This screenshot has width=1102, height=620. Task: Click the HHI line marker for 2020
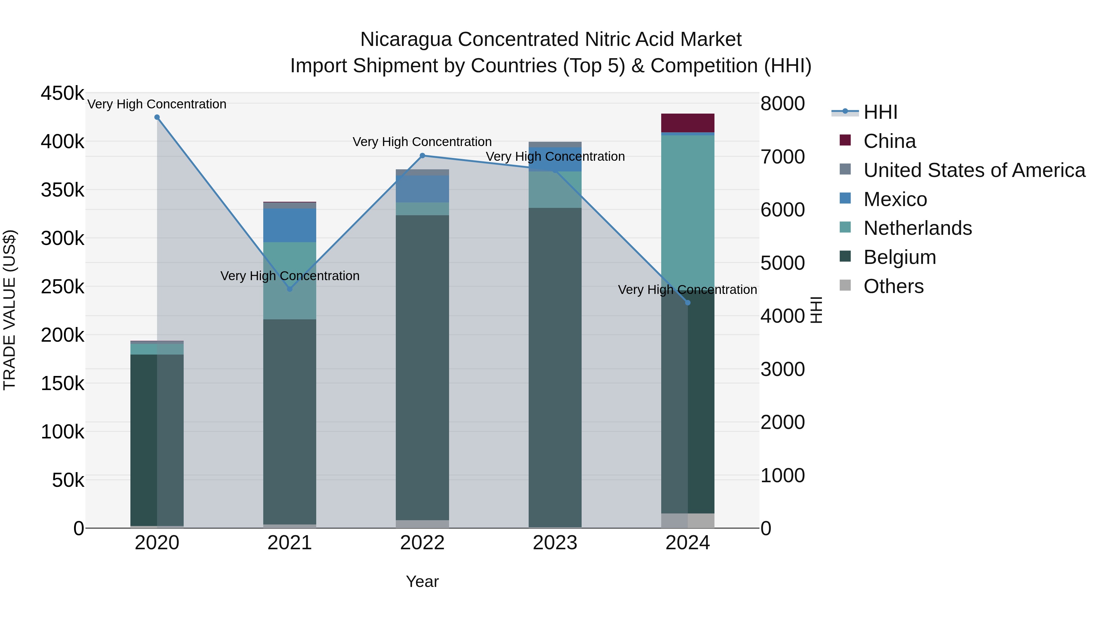tap(157, 117)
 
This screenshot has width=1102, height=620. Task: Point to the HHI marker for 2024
tap(688, 303)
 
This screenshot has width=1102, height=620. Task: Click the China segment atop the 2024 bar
tap(688, 123)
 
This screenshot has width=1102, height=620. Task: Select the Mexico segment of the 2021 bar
tap(290, 225)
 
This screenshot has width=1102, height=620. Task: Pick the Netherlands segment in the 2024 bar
tap(688, 205)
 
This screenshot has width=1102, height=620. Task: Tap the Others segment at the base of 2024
tap(688, 521)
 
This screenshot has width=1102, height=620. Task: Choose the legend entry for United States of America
tap(974, 170)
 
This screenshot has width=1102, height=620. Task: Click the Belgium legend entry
tap(900, 257)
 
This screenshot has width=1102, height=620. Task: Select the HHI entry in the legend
tap(880, 112)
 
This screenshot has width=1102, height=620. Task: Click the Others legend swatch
tap(845, 285)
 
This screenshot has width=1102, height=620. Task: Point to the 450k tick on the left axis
tap(62, 93)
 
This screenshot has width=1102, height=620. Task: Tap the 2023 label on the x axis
tap(555, 543)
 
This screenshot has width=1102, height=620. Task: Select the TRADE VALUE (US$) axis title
tap(10, 310)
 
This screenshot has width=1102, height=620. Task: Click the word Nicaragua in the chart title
tap(406, 39)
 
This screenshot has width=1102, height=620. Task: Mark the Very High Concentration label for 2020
tap(157, 104)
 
